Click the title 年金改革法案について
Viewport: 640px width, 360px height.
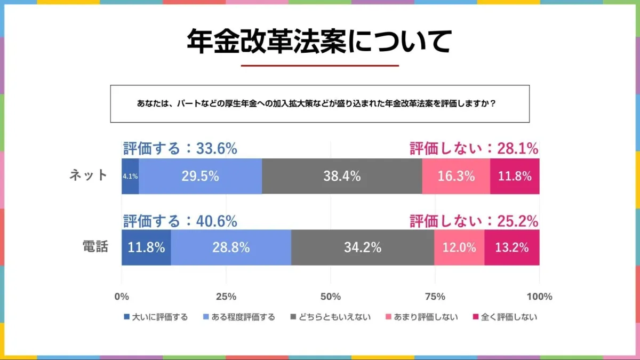pyautogui.click(x=319, y=41)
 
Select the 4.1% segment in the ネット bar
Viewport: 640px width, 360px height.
pyautogui.click(x=130, y=176)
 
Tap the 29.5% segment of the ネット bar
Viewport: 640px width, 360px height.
pyautogui.click(x=200, y=176)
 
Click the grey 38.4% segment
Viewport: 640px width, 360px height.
pyautogui.click(x=342, y=176)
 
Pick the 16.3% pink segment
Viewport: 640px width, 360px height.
pyautogui.click(x=456, y=176)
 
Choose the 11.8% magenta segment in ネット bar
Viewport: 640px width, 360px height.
pyautogui.click(x=515, y=176)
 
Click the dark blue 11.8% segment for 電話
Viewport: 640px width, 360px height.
pyautogui.click(x=146, y=247)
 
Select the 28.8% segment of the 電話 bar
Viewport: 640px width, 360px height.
pyautogui.click(x=231, y=247)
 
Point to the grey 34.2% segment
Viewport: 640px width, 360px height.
pyautogui.click(x=363, y=247)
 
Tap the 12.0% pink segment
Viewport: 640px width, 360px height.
pyautogui.click(x=459, y=247)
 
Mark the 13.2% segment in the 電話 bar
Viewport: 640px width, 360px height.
pyautogui.click(x=512, y=247)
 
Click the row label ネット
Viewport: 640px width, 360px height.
pyautogui.click(x=89, y=175)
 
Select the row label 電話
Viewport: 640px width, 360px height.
pyautogui.click(x=95, y=247)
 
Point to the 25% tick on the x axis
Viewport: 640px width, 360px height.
pyautogui.click(x=226, y=297)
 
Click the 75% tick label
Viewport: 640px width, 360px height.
pyautogui.click(x=435, y=297)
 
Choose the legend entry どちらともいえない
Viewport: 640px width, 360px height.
pyautogui.click(x=331, y=317)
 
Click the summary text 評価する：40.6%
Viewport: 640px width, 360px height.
pyautogui.click(x=180, y=221)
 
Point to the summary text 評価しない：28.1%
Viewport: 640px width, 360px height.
pyautogui.click(x=474, y=149)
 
